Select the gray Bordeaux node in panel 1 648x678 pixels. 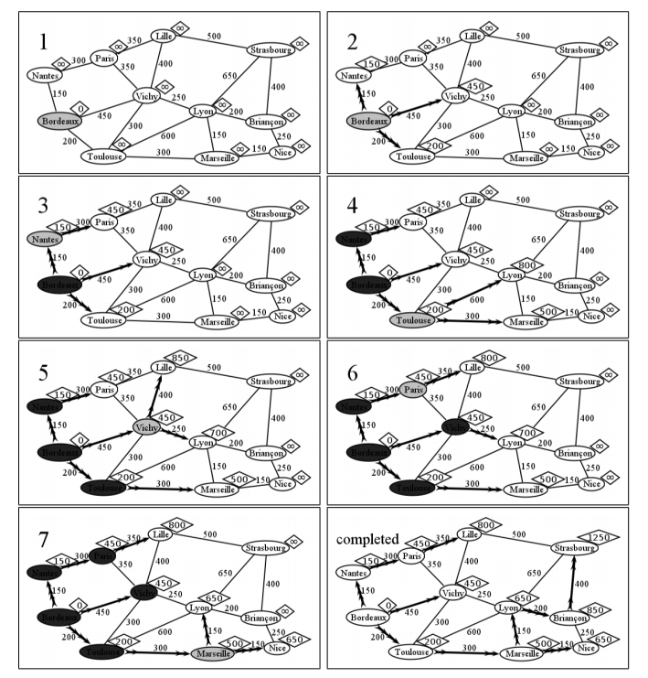point(60,121)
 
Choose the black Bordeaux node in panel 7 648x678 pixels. point(58,618)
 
